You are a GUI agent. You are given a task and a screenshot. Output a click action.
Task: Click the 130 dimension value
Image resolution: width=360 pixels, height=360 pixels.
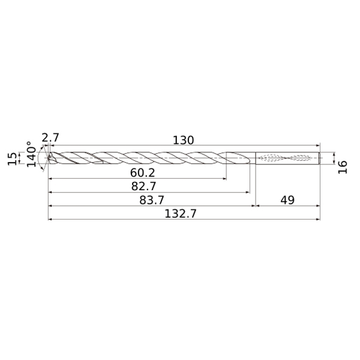pos(183,140)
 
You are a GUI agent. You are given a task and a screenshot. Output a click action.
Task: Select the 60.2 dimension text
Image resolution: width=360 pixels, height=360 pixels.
pos(143,173)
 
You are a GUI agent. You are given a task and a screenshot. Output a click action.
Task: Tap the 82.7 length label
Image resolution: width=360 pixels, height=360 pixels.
pos(143,186)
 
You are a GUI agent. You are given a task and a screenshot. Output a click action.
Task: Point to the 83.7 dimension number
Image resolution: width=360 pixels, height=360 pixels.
pos(152,200)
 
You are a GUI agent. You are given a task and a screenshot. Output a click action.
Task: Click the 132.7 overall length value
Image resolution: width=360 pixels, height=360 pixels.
pos(181,214)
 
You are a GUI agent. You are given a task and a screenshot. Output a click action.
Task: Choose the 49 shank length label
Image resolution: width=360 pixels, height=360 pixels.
pos(287,200)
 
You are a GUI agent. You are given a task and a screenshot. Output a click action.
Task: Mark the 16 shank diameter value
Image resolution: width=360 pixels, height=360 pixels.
pos(343,167)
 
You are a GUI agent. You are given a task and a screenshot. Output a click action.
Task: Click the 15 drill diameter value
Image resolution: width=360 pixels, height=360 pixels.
pos(12,158)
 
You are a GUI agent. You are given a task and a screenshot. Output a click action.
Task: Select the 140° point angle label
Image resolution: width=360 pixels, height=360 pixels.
pos(31,154)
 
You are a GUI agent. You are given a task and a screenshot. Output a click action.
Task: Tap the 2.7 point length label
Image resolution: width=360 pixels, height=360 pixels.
pos(50,138)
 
